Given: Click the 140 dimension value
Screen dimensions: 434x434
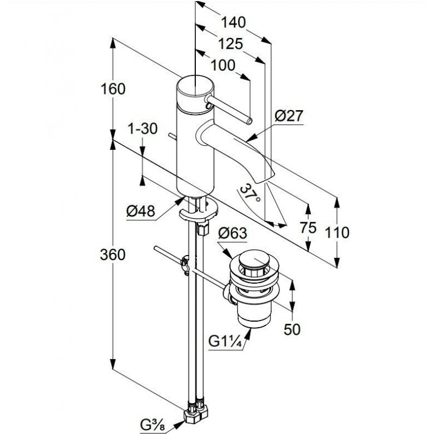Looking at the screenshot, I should [234, 22].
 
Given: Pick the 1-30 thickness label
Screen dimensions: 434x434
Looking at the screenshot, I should [142, 129].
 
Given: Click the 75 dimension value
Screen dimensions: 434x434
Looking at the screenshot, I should [308, 228].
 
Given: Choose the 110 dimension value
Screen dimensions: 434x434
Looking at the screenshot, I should [338, 233].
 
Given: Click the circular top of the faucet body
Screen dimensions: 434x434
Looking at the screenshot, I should [193, 88].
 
